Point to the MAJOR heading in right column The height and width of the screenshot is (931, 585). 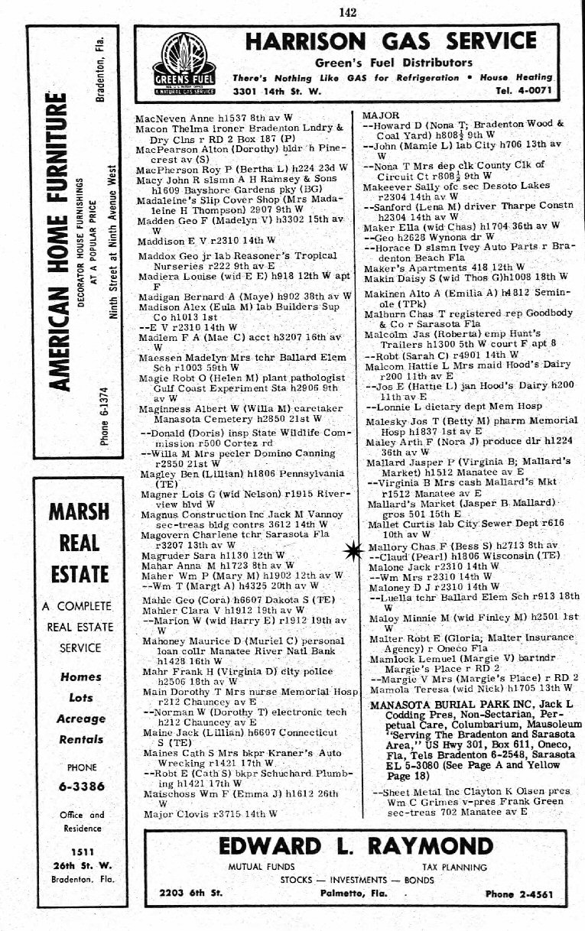tap(380, 115)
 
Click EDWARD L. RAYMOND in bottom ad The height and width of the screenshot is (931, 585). tap(356, 846)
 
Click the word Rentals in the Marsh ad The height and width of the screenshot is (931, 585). tap(80, 739)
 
